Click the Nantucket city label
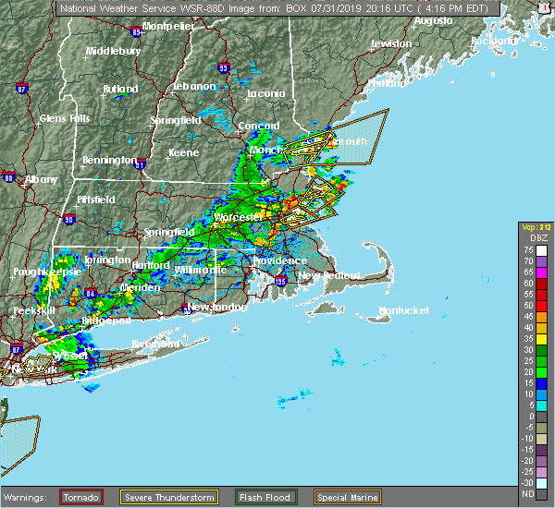tap(403, 310)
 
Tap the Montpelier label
tap(168, 26)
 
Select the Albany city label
tap(41, 178)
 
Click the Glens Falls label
tap(64, 118)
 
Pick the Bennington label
tap(109, 160)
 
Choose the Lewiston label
tap(390, 43)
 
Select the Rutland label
tap(120, 89)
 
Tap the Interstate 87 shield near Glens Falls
tap(21, 89)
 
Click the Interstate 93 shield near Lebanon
tap(223, 67)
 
